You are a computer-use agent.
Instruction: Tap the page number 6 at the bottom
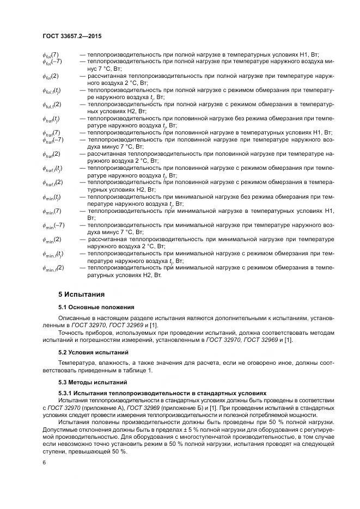coord(44,462)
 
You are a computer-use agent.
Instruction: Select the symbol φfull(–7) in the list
coord(52,62)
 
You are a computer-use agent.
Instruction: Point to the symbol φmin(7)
coord(52,211)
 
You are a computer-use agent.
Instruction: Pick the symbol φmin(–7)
coord(53,225)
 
